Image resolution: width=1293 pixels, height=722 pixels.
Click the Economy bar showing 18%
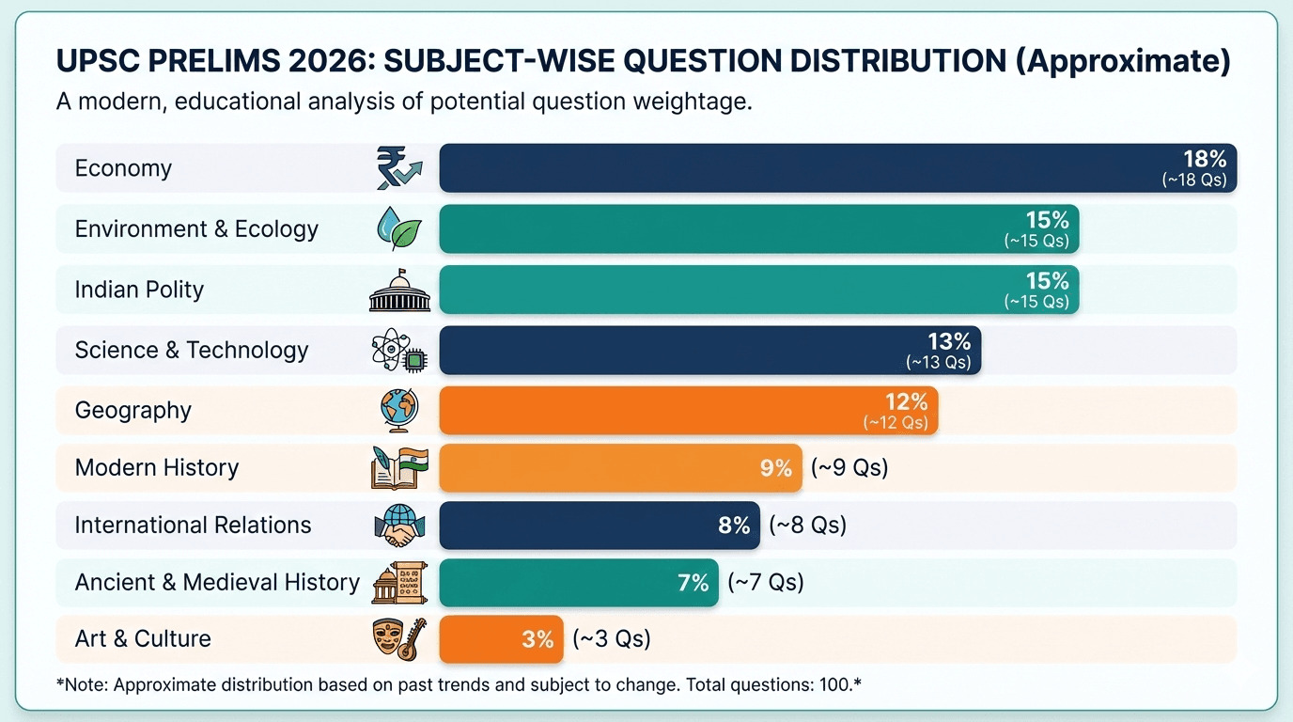point(836,168)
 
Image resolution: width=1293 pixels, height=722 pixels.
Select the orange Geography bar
point(688,410)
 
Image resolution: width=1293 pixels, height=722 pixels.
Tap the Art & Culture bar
point(501,639)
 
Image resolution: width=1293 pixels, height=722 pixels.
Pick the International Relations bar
point(599,525)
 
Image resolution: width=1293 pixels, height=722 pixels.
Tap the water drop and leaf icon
point(398,228)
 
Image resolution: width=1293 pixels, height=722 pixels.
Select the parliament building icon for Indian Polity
point(399,290)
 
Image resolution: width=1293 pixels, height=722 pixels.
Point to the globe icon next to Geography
point(399,410)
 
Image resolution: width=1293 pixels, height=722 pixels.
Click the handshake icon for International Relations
point(399,526)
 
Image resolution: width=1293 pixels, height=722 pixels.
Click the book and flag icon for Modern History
point(399,467)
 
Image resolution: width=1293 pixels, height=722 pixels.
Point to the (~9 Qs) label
point(849,467)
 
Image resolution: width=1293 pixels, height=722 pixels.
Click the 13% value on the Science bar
point(948,342)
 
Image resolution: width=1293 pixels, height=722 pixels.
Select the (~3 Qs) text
point(612,639)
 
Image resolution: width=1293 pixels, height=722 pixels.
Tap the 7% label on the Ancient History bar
point(693,583)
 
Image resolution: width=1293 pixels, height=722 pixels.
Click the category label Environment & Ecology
point(196,229)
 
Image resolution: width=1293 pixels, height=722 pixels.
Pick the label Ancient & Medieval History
point(217,583)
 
